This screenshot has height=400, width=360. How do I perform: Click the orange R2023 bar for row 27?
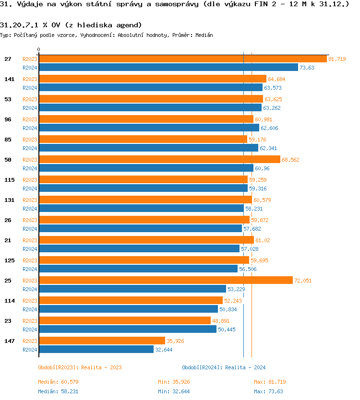point(182,59)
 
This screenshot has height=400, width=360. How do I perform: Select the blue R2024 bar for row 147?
point(96,350)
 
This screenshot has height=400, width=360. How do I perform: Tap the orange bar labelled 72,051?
point(166,281)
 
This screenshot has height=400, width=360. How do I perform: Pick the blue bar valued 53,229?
point(132,289)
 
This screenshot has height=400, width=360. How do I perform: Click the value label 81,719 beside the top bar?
point(337,59)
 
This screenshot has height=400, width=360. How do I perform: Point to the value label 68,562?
point(290,160)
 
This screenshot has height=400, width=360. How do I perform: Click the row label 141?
point(9,79)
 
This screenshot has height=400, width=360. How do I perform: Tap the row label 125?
point(9,260)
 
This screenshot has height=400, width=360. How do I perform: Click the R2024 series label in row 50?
point(30,168)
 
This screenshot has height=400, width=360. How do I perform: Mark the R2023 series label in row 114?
point(30,301)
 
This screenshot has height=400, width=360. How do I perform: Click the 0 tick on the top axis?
point(39,49)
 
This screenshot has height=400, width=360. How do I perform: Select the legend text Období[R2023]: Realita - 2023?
point(80,367)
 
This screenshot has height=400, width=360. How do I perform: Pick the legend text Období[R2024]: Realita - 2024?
point(224,367)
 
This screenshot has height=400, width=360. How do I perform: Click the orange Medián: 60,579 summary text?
point(58,382)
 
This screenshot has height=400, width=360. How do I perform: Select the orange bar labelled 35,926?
point(102,341)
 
